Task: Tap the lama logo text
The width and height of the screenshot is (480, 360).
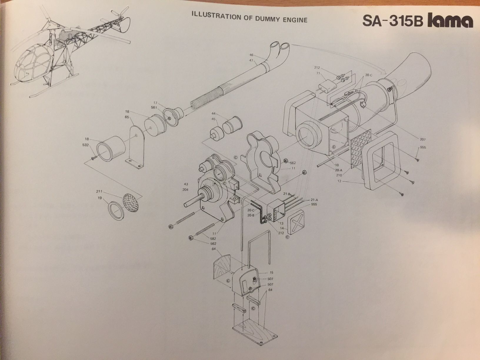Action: (x=450, y=21)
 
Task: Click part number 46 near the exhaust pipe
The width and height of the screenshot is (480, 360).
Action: (x=251, y=55)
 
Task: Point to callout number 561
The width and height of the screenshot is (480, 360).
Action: (x=154, y=107)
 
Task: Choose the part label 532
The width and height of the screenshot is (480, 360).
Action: (x=86, y=145)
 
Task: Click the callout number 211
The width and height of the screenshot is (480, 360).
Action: (x=99, y=191)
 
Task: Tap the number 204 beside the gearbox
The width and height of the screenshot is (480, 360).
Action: (x=185, y=190)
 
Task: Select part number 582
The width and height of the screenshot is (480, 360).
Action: (x=213, y=239)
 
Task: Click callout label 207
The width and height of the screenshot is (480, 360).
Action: (x=422, y=139)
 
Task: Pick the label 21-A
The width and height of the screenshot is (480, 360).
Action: (x=314, y=200)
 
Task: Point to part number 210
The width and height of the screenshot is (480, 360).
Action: (x=339, y=175)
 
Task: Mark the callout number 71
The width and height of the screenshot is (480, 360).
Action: (x=318, y=73)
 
